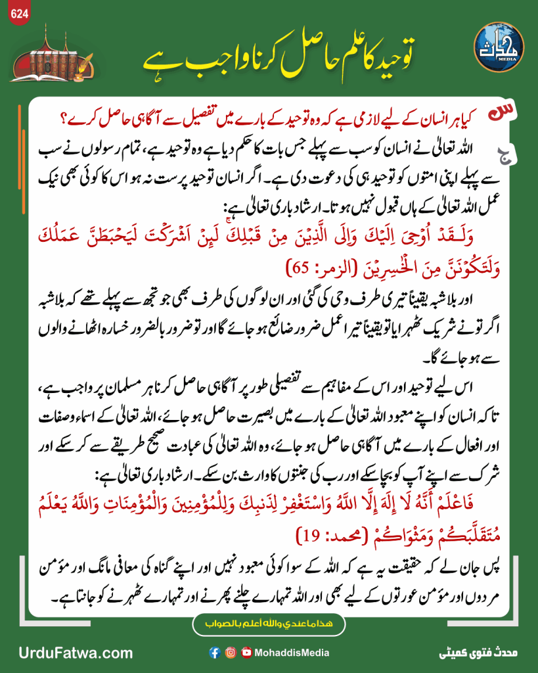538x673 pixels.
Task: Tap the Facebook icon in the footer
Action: [214, 653]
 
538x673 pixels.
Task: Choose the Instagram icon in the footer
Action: [231, 653]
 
